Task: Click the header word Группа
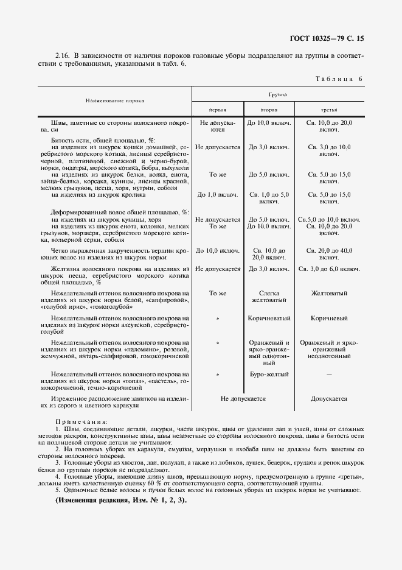click(x=279, y=95)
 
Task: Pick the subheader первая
click(x=217, y=110)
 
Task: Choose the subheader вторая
click(x=269, y=110)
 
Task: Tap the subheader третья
click(x=329, y=110)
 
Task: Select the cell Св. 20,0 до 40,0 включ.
click(x=329, y=253)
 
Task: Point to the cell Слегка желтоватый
click(x=269, y=297)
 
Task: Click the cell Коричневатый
click(x=269, y=318)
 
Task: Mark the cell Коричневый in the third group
click(x=329, y=318)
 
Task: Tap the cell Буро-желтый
click(x=269, y=374)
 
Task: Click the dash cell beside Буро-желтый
click(x=329, y=374)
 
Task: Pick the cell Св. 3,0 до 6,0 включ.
click(x=329, y=269)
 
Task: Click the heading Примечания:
click(x=81, y=421)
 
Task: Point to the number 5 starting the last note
click(x=57, y=490)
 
